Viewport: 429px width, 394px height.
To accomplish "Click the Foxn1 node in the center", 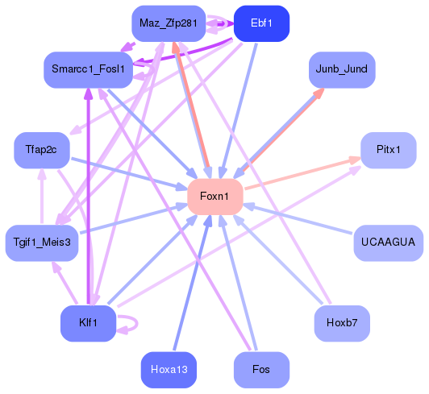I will click(214, 197).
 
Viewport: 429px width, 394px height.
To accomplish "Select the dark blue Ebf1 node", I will click(260, 23).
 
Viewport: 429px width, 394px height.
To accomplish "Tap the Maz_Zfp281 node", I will click(168, 23).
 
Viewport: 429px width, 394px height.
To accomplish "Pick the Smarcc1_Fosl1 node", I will click(88, 69).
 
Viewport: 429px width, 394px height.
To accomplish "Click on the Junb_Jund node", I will click(341, 69).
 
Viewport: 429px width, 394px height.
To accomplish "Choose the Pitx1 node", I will click(388, 151).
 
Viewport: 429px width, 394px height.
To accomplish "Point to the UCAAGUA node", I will click(388, 242).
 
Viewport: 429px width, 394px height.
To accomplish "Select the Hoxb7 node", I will click(341, 323).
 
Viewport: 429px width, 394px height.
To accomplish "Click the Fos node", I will click(260, 370).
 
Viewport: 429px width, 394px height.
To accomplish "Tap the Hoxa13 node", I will click(168, 370).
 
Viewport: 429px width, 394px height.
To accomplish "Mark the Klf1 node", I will click(88, 323).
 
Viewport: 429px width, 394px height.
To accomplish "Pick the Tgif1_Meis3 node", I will click(42, 242).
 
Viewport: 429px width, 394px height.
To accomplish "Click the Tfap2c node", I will click(42, 151).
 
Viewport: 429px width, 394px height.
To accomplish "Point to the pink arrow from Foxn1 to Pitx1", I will click(302, 173).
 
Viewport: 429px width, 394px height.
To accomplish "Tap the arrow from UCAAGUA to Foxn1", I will click(298, 219).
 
